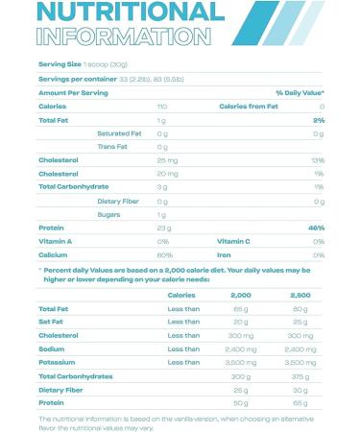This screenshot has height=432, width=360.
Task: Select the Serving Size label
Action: point(60,64)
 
